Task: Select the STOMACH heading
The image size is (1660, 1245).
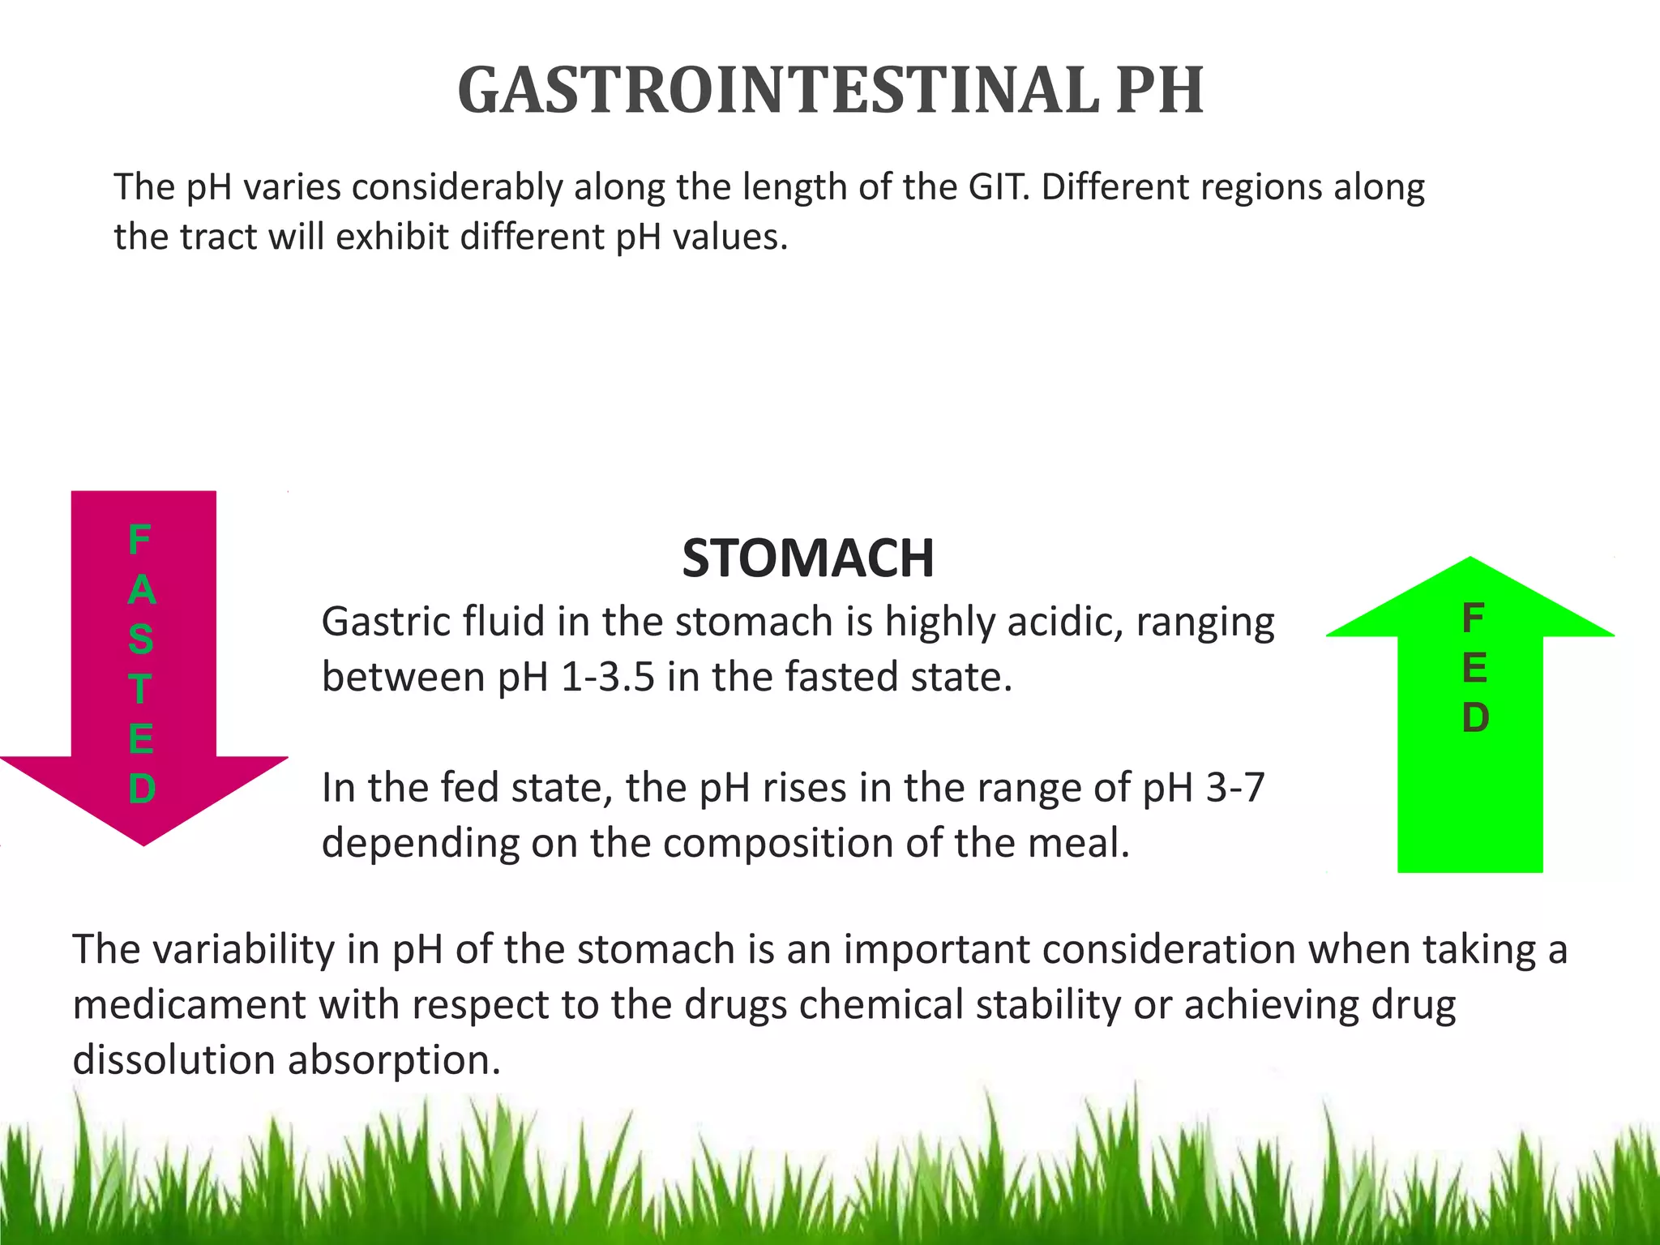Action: (x=808, y=558)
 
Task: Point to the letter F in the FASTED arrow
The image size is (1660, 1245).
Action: (x=139, y=540)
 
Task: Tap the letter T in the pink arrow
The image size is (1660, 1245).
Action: (x=140, y=690)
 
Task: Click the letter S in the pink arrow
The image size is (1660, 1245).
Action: (x=140, y=640)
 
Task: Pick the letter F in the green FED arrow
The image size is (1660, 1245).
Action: (x=1473, y=619)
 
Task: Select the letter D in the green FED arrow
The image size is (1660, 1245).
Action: (x=1474, y=718)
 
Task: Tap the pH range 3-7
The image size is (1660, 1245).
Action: (x=1234, y=788)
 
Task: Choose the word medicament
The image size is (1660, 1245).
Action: (x=189, y=1005)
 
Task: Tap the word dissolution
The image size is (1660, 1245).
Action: (x=173, y=1060)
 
